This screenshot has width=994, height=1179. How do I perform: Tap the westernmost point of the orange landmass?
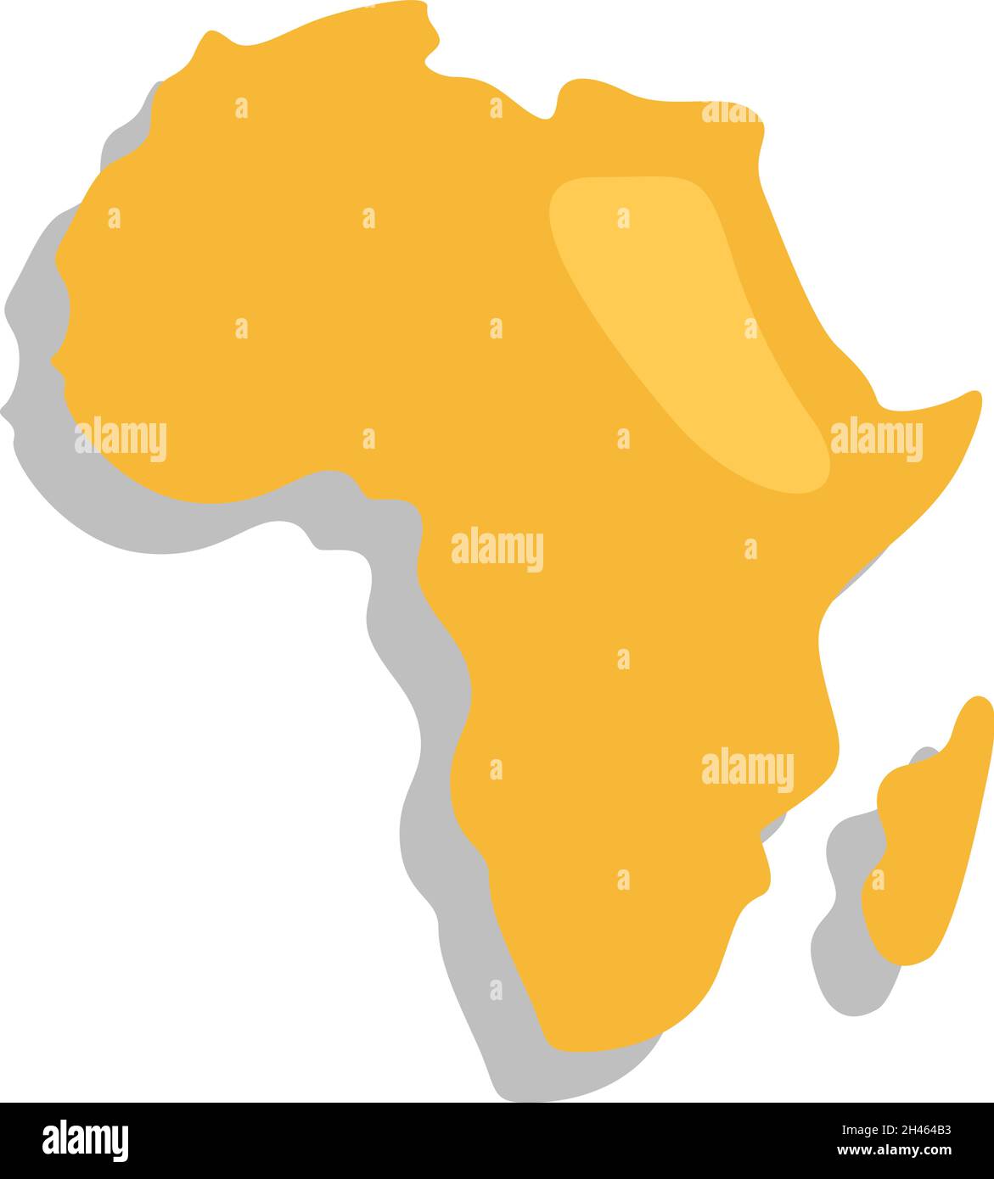tap(53, 360)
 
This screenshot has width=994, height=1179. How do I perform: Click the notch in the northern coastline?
tap(550, 114)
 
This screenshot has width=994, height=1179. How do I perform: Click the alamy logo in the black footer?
tap(85, 1139)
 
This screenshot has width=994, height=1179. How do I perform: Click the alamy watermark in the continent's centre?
tap(497, 550)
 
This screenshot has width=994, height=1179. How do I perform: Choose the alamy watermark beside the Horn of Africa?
tap(875, 439)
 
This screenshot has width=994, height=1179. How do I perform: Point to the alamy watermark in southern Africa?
tap(747, 769)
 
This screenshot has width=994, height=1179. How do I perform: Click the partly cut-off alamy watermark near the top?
tap(730, 112)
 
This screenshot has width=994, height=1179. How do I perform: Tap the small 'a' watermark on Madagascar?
tap(878, 880)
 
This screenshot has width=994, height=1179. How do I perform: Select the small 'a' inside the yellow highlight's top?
tap(623, 218)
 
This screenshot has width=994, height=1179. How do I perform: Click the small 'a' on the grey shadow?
tap(496, 990)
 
